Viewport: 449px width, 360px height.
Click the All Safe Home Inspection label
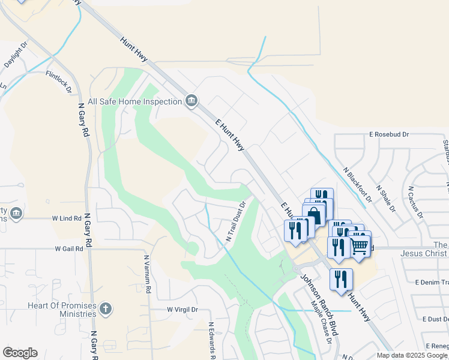tap(134, 102)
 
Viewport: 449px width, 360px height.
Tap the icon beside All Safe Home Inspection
tap(191, 100)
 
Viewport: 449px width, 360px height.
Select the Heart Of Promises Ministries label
tap(62, 310)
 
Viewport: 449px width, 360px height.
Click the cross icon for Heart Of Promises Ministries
tap(106, 309)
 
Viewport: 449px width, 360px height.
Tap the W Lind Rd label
tap(67, 218)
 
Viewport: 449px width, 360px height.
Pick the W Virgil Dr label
tap(182, 310)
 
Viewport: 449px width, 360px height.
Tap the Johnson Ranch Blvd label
tap(320, 304)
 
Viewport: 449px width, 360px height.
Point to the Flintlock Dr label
tap(59, 81)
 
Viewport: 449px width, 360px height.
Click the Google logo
tap(20, 353)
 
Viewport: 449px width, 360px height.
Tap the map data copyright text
tap(412, 355)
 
